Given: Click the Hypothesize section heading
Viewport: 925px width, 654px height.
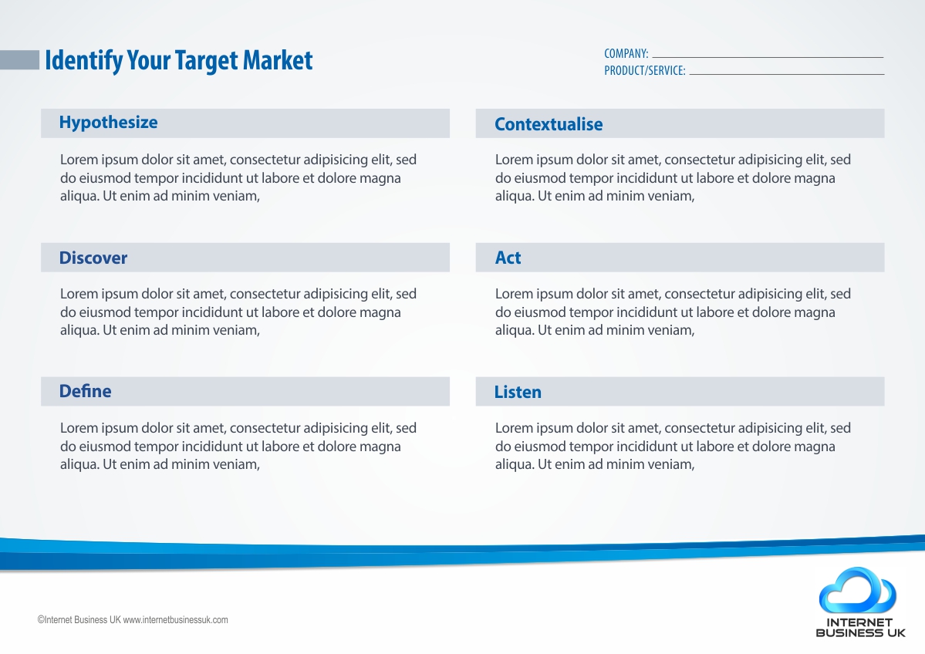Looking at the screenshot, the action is click(109, 123).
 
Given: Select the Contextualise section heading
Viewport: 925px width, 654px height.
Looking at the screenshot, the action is click(549, 124).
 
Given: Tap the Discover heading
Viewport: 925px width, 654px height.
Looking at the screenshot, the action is click(93, 258).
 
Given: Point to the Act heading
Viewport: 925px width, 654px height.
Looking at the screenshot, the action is click(508, 258).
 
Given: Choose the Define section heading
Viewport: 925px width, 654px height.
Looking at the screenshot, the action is click(85, 391).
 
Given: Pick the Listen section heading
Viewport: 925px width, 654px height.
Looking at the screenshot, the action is click(518, 392).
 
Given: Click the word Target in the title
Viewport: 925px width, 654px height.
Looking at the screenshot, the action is click(206, 61).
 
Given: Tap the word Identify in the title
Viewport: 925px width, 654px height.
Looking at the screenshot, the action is click(84, 61).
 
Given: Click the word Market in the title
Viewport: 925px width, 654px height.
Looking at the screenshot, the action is click(277, 60).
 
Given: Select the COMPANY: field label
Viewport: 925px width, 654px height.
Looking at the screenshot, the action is click(626, 54).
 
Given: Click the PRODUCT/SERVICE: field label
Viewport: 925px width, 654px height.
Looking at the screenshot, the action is click(645, 71).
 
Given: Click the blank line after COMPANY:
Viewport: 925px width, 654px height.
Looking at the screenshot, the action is click(768, 57).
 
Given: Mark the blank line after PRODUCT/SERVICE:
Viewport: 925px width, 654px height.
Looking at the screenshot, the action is click(787, 74).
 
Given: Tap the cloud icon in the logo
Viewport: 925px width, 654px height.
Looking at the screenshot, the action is click(859, 591).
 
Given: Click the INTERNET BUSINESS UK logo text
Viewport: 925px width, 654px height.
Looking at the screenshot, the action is click(860, 628).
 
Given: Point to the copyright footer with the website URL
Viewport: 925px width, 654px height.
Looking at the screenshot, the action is click(133, 620).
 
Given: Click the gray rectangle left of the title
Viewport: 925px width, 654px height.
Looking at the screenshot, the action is click(19, 60).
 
